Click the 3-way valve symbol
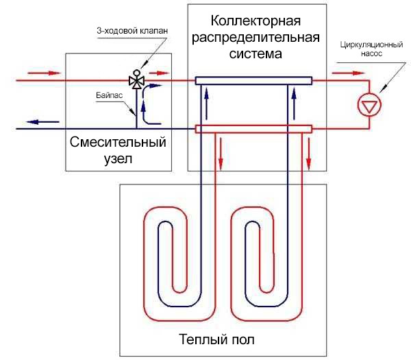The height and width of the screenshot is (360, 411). pyautogui.click(x=136, y=80)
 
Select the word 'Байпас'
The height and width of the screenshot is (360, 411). pyautogui.click(x=108, y=97)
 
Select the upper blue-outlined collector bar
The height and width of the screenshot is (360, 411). pyautogui.click(x=253, y=81)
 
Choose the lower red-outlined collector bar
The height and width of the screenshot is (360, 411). pyautogui.click(x=253, y=128)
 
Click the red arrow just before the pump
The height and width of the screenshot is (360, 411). pyautogui.click(x=339, y=71)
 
